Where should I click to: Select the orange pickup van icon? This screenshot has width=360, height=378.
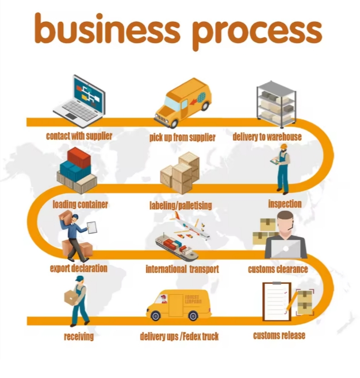click(x=182, y=102)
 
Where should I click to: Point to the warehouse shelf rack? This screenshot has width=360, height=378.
click(x=276, y=103)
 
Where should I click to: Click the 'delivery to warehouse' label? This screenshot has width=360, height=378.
click(x=267, y=137)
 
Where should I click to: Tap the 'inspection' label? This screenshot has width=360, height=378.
click(x=285, y=204)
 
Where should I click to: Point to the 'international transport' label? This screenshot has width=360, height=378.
click(x=182, y=269)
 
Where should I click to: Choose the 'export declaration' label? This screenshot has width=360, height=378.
click(x=79, y=268)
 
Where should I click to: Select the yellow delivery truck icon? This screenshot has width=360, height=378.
click(x=179, y=305)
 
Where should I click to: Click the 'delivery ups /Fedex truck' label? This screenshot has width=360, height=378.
click(x=179, y=336)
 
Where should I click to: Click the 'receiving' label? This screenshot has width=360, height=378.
click(x=79, y=337)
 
